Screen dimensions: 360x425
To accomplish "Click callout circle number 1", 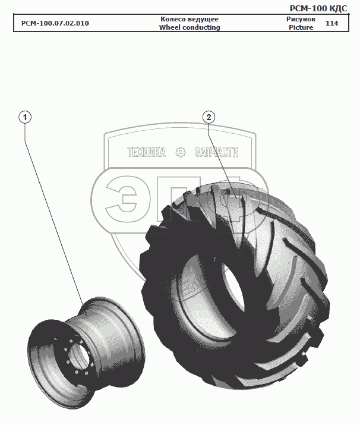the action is pyautogui.click(x=25, y=117).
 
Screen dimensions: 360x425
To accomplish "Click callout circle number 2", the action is pyautogui.click(x=209, y=117).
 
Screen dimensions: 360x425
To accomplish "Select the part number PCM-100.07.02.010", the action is pyautogui.click(x=55, y=23).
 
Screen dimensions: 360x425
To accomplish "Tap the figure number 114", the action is pyautogui.click(x=332, y=23).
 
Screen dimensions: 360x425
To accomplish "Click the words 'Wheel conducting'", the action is pyautogui.click(x=190, y=27).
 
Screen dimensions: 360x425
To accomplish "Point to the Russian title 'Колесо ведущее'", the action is pyautogui.click(x=190, y=19).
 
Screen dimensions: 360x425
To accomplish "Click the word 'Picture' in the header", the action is pyautogui.click(x=301, y=27).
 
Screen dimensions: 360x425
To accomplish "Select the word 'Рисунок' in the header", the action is pyautogui.click(x=301, y=19).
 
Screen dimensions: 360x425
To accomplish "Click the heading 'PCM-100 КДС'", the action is pyautogui.click(x=318, y=8).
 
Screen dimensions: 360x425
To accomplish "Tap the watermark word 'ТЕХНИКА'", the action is pyautogui.click(x=146, y=153).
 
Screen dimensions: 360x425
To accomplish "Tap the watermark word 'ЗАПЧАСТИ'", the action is pyautogui.click(x=216, y=153).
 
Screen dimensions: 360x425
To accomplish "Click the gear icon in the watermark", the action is pyautogui.click(x=181, y=153).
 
